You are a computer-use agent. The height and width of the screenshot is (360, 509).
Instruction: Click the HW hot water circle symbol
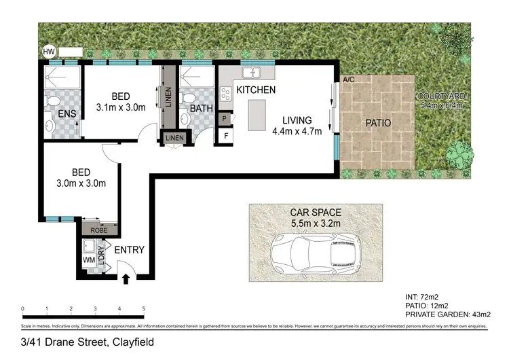[48, 52]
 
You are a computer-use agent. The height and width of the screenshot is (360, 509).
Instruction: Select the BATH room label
[202, 108]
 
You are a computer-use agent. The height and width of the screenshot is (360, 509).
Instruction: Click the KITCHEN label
[256, 90]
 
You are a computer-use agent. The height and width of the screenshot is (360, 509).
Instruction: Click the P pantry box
[224, 118]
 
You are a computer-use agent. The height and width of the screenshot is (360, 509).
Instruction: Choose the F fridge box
[224, 136]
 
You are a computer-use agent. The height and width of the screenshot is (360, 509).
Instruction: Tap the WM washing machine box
[88, 260]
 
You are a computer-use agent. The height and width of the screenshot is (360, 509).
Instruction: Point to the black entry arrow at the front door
[125, 277]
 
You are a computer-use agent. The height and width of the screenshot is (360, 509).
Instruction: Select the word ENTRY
[129, 250]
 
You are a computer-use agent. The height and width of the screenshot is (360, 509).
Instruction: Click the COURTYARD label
[440, 96]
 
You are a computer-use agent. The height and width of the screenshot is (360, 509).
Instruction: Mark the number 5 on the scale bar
[143, 309]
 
